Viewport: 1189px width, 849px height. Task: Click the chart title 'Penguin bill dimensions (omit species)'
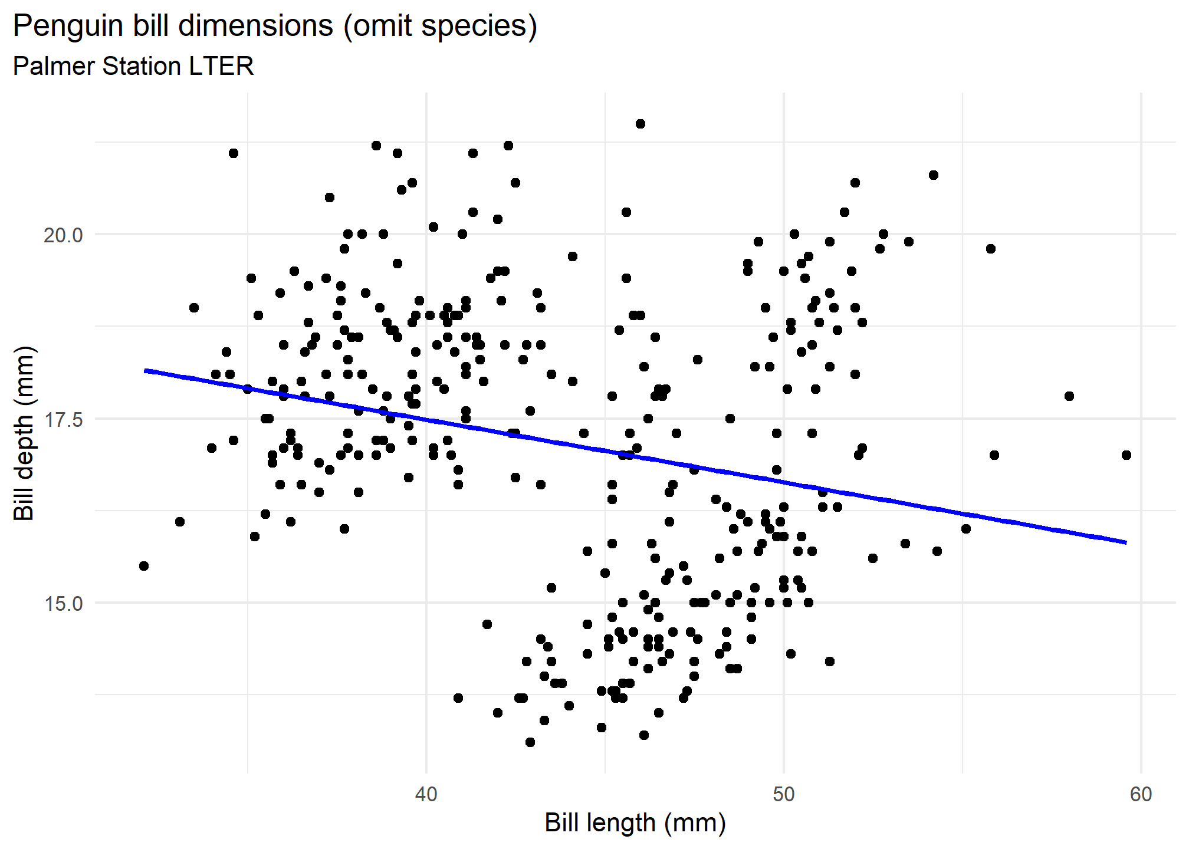point(275,27)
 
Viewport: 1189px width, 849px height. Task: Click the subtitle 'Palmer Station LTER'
point(133,66)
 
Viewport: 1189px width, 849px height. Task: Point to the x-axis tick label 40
point(426,795)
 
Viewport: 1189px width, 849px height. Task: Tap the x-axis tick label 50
point(783,795)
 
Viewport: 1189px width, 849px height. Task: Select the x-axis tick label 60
point(1141,795)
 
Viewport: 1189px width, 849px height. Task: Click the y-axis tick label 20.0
point(64,235)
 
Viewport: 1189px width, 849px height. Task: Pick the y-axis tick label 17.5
point(64,419)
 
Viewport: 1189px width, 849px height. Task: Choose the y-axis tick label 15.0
point(64,604)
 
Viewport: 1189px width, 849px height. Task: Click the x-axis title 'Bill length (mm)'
point(635,823)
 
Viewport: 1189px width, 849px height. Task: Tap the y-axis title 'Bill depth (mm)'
point(25,433)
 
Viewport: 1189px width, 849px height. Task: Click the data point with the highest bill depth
point(641,124)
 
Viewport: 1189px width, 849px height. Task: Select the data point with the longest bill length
point(1126,455)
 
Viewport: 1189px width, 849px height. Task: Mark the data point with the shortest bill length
point(144,566)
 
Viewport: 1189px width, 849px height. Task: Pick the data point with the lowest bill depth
point(530,742)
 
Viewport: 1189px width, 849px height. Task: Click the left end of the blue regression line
point(146,371)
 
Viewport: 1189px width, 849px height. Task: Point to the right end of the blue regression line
point(1126,542)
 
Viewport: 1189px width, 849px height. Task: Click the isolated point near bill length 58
point(1069,396)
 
